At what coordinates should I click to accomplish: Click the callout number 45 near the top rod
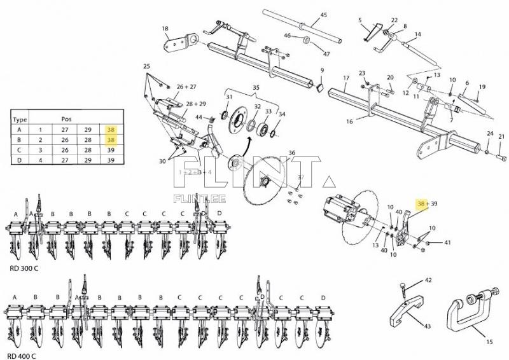pos(323,15)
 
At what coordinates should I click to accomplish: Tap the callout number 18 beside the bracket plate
pos(165,29)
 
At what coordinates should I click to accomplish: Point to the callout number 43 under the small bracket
pos(427,326)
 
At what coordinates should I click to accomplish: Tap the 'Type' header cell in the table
pos(20,119)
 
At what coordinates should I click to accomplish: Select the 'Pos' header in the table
pos(66,119)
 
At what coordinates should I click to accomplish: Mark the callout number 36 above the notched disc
pos(291,153)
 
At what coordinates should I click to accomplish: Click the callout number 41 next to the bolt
pos(447,242)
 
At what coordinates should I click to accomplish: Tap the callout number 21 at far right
pos(501,137)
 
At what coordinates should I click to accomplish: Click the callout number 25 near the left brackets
pos(146,67)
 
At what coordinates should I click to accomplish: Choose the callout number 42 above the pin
pos(428,280)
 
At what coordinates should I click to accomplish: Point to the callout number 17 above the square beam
pos(346,79)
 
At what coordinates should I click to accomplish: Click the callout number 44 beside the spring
pos(199,117)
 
